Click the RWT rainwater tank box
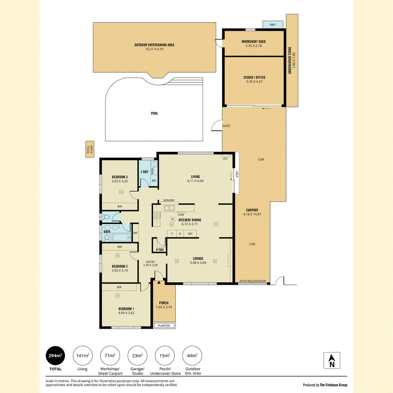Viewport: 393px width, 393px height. (273, 25)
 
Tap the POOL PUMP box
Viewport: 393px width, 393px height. (90, 149)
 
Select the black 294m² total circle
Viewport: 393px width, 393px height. (55, 356)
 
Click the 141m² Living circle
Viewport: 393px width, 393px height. (83, 356)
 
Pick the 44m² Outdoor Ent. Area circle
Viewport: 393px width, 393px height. (192, 356)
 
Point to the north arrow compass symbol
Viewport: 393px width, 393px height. (332, 361)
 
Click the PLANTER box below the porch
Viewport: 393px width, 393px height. (164, 325)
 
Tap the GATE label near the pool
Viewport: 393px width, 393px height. (226, 126)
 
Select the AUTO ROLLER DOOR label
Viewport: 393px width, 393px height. (253, 281)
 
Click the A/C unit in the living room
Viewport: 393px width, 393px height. (225, 158)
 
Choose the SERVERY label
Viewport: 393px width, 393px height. (169, 200)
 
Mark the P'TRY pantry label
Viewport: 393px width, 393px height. (160, 250)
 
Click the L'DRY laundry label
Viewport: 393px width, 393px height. (144, 172)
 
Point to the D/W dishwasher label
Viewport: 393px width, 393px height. (181, 215)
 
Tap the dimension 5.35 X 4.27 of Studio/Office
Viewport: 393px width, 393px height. (254, 82)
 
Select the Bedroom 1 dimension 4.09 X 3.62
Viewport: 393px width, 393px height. (126, 313)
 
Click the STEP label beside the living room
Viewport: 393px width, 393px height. (237, 174)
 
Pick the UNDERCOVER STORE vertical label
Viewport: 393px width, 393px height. (290, 60)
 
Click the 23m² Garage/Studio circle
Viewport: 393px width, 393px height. (138, 356)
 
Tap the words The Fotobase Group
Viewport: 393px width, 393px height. (334, 385)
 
